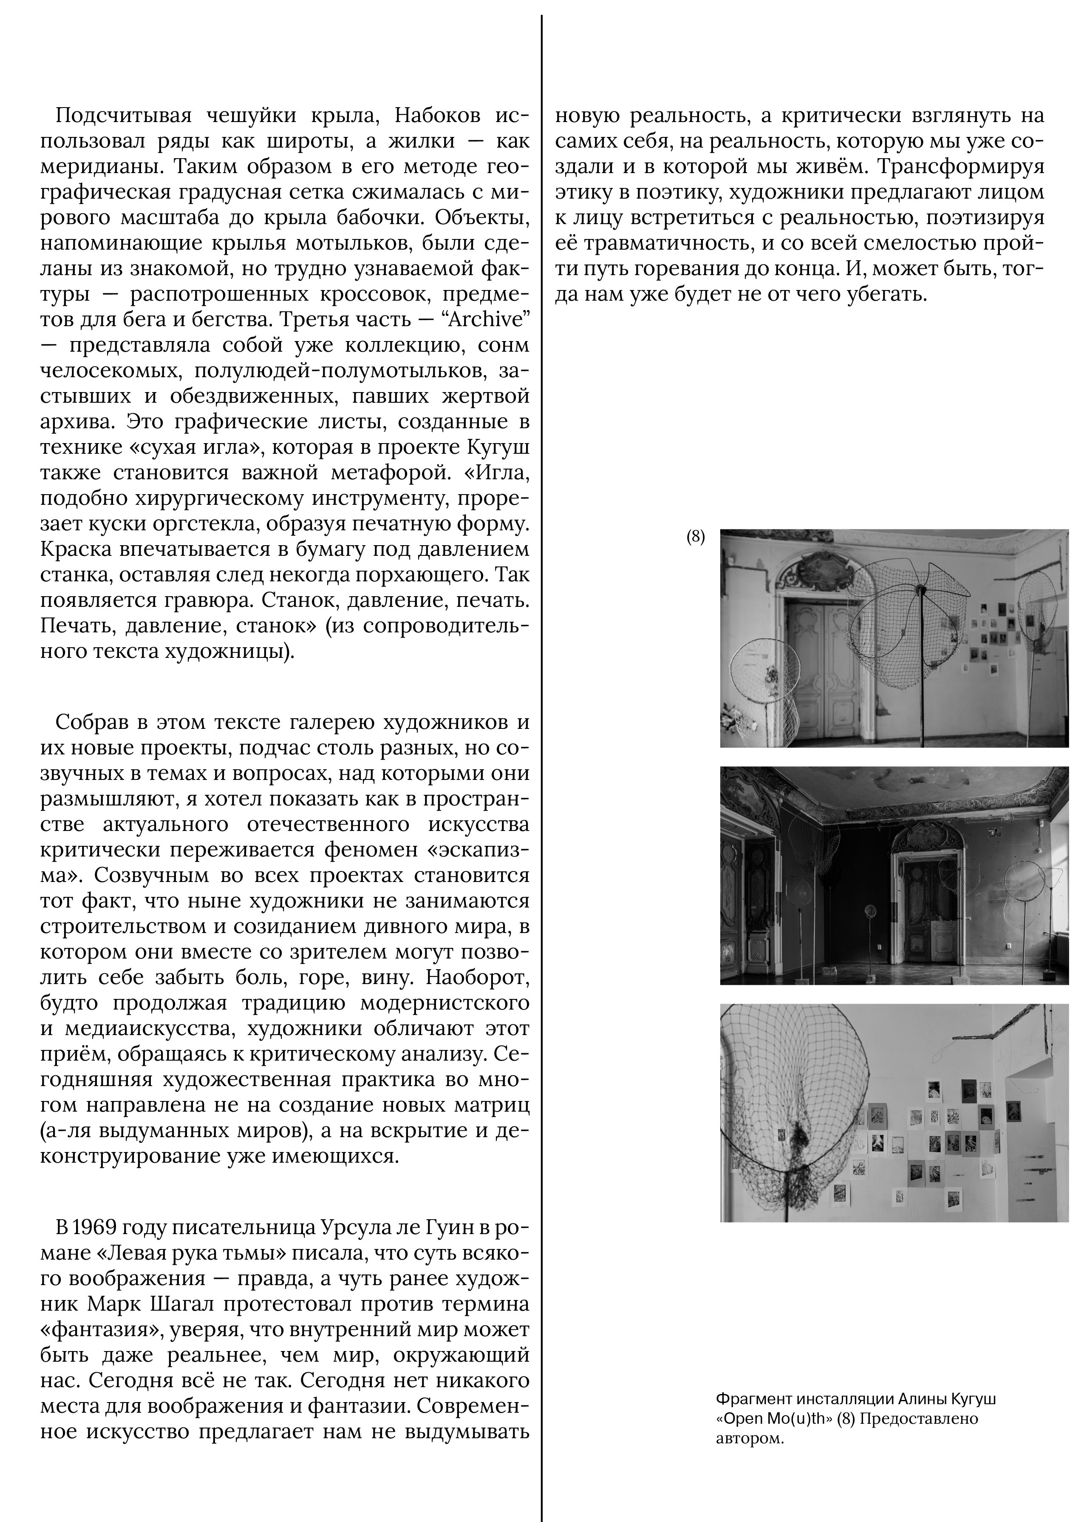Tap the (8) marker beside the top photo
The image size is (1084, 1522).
696,537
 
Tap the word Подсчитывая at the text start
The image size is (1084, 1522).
124,116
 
